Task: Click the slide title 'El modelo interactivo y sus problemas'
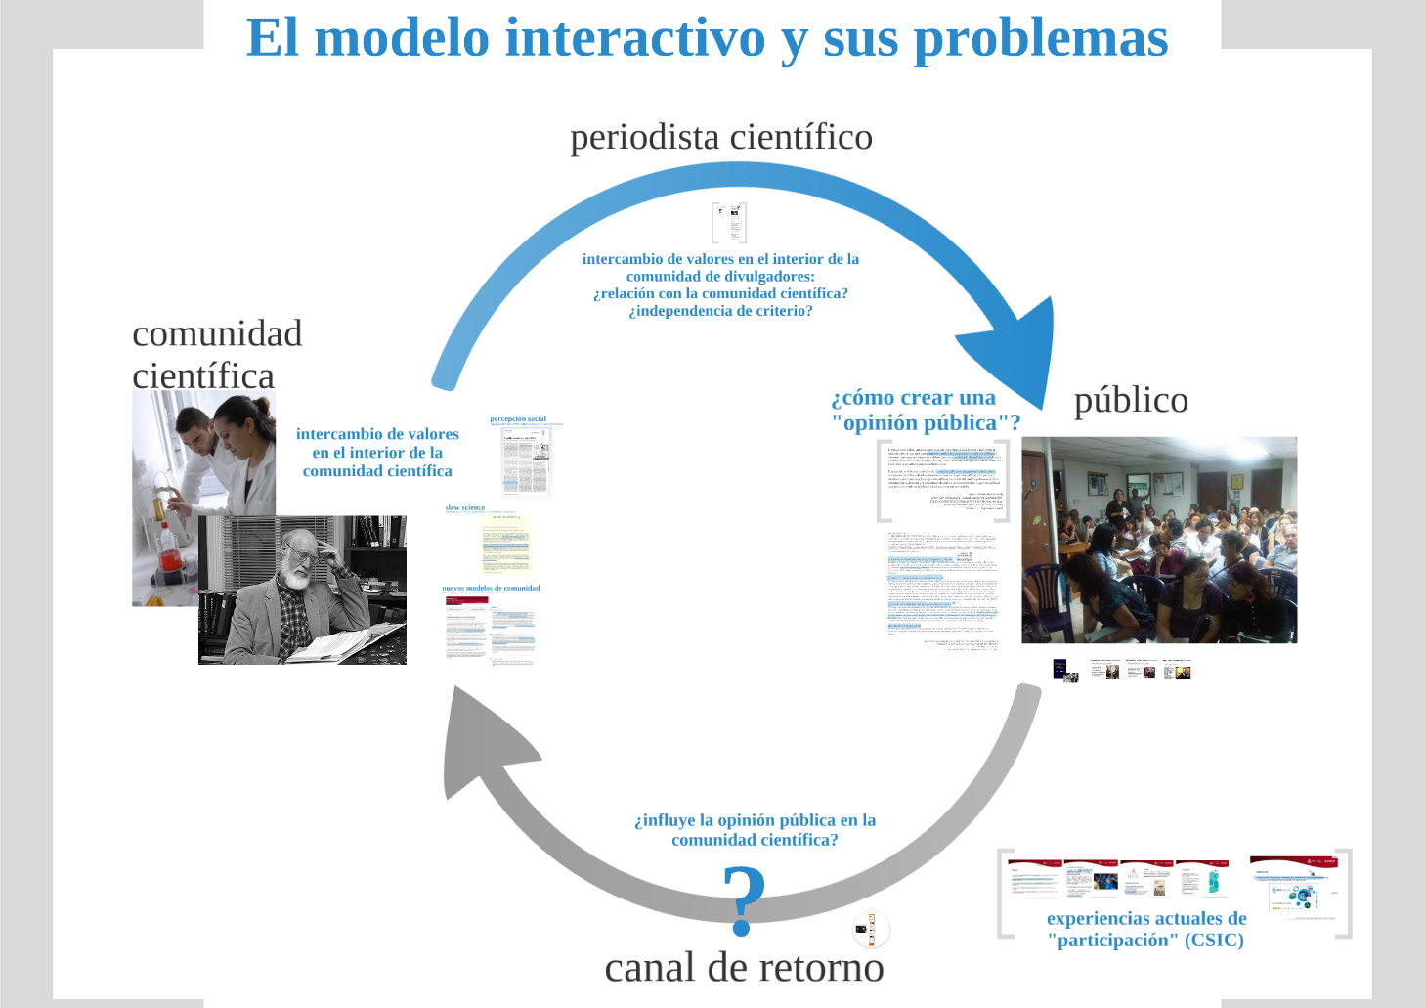707,38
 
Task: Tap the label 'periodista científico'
721,137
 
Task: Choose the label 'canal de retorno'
744,968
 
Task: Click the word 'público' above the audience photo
1131,400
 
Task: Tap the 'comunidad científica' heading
217,354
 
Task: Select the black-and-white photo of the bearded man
302,591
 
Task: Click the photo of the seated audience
1159,540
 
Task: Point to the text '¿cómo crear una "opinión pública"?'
925,411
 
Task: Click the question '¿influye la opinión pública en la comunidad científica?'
755,830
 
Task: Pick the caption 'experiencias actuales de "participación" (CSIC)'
1145,929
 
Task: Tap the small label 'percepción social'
518,418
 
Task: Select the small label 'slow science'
465,507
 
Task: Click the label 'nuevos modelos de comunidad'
491,588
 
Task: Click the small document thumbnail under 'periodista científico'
729,223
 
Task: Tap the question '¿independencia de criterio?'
720,311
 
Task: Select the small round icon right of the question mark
871,929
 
